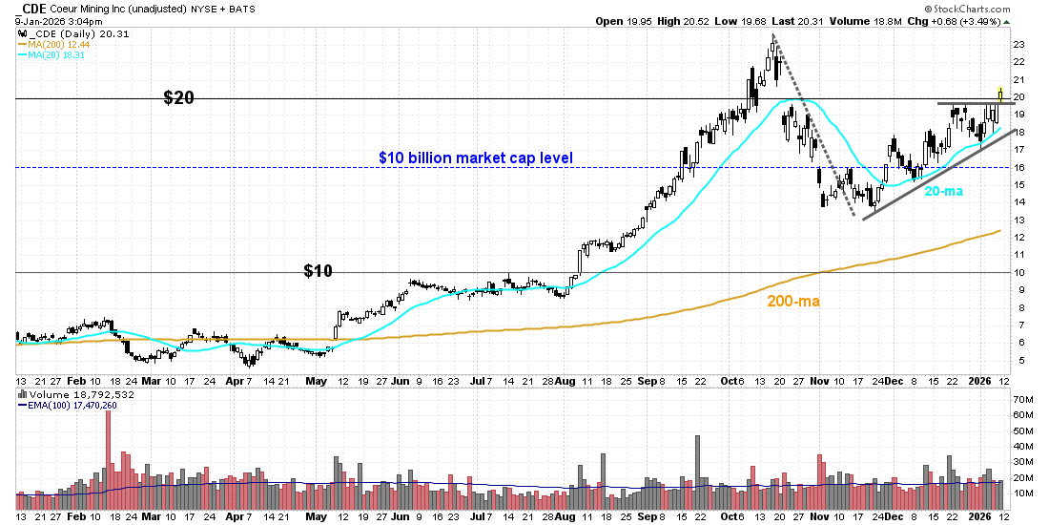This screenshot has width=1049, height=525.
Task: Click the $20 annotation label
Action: point(179,97)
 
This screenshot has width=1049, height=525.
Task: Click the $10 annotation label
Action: point(318,271)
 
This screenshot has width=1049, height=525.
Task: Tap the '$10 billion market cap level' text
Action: point(475,157)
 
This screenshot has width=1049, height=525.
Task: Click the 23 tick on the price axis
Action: point(1018,45)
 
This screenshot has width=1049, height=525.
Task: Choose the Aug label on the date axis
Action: point(566,380)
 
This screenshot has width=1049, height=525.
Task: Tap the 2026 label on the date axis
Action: point(981,380)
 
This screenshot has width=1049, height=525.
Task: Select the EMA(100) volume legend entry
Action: point(68,404)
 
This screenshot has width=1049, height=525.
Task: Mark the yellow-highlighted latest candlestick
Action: point(999,94)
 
